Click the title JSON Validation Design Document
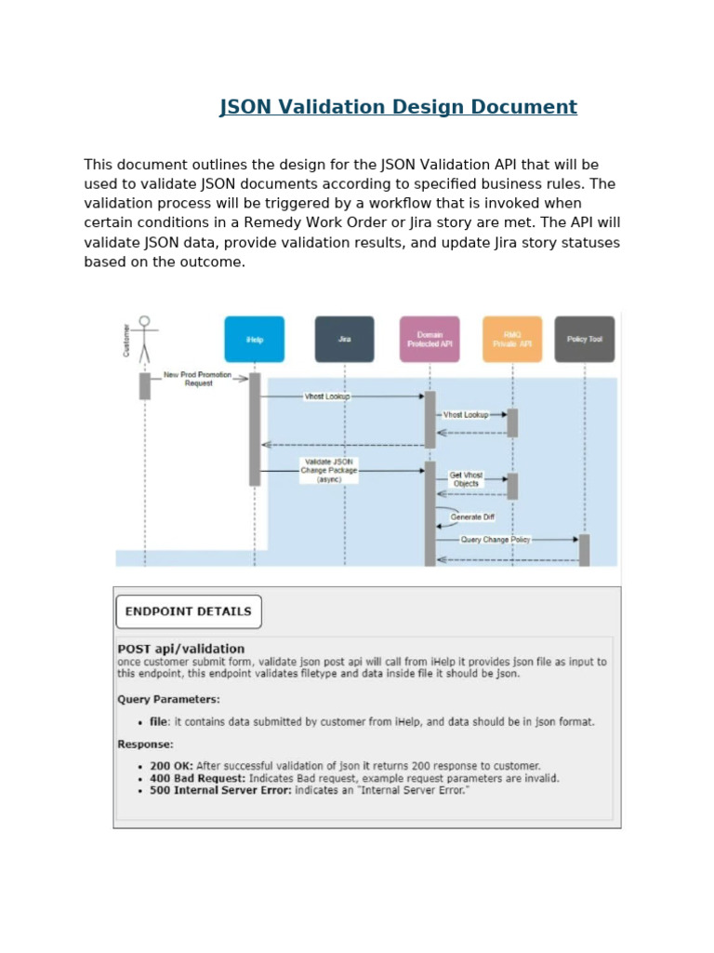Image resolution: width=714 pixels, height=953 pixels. point(398,107)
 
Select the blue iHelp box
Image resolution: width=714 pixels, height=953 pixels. point(254,340)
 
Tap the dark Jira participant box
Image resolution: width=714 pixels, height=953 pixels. point(344,340)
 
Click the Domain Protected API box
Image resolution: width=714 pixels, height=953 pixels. point(430,340)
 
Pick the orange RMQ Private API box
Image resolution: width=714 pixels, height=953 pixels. point(512,340)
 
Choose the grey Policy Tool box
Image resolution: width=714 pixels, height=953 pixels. point(585,340)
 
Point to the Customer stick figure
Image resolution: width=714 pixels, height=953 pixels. point(144,340)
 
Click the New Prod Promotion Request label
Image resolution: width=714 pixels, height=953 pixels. point(197,379)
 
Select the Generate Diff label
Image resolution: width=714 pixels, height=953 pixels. point(472,517)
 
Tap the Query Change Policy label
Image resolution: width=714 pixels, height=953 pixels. point(496,540)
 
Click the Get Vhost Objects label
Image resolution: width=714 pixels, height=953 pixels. point(466,479)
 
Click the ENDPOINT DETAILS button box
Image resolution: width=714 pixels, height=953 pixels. point(189,611)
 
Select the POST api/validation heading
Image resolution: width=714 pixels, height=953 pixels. point(181,649)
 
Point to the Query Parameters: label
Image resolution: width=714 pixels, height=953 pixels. point(168,699)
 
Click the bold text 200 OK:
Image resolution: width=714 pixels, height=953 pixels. point(171,766)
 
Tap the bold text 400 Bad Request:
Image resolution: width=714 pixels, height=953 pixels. point(197,778)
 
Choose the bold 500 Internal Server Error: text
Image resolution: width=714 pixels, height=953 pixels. point(220,790)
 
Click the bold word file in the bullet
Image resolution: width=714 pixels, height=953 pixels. point(159,721)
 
